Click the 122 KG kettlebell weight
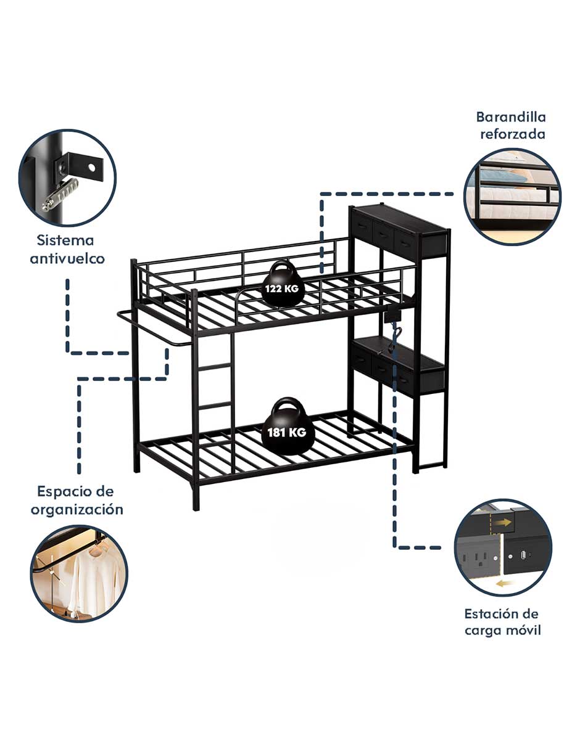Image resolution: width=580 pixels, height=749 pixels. [x=283, y=284]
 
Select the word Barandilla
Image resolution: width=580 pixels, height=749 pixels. [x=511, y=117]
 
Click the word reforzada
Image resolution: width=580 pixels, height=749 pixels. [x=513, y=134]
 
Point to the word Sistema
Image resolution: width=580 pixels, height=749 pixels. [x=65, y=240]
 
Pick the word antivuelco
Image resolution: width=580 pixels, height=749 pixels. [x=67, y=258]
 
